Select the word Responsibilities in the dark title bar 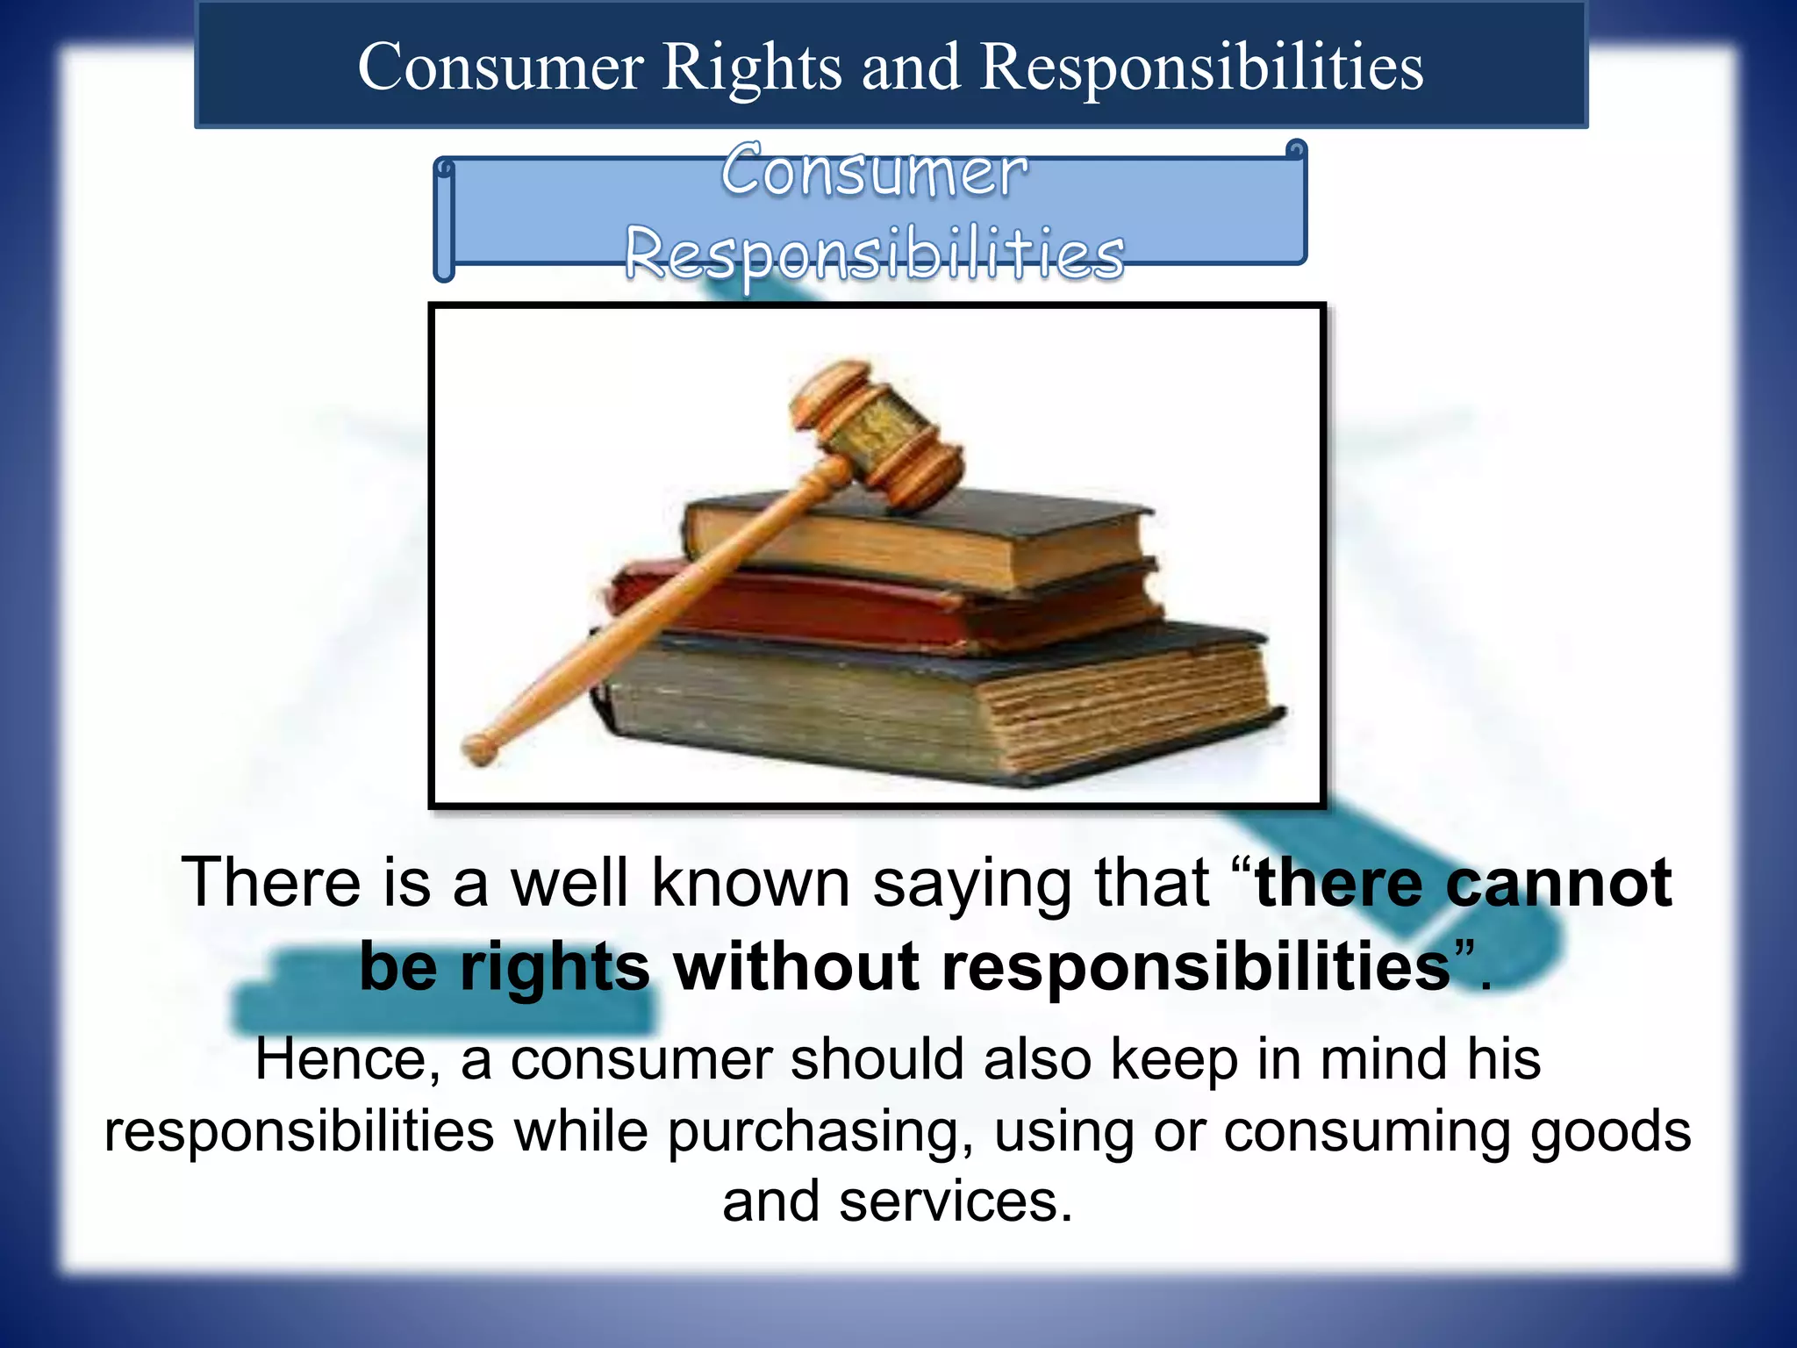1201,68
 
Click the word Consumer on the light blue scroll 874,171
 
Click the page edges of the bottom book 1132,702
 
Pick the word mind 1386,1060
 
